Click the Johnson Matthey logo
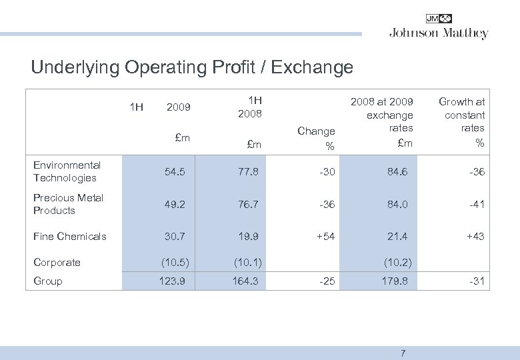(x=438, y=27)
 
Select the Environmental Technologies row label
(x=67, y=171)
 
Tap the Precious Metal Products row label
(x=68, y=204)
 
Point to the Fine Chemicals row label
(x=69, y=236)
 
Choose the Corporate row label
(x=57, y=262)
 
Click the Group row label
(x=47, y=281)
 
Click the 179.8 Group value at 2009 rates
(x=396, y=281)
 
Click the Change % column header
(x=316, y=137)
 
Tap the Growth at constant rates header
(x=462, y=121)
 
